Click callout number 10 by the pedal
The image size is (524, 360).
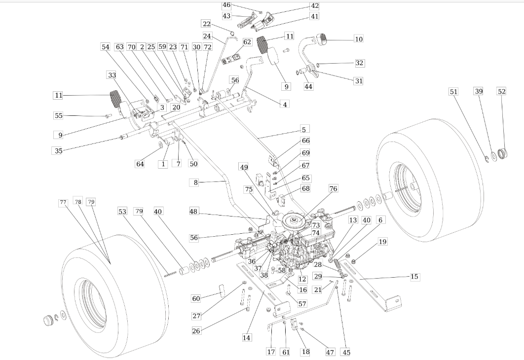[x=359, y=39]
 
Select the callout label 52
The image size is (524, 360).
[x=502, y=91]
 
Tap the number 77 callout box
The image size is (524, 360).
[x=63, y=202]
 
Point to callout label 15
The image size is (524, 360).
[x=414, y=277]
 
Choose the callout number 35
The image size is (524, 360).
[x=59, y=150]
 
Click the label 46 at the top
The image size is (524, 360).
[x=226, y=5]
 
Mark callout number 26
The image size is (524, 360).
[x=196, y=331]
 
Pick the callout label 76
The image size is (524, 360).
[x=333, y=188]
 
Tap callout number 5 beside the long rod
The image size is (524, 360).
[x=303, y=130]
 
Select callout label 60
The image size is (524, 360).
[x=196, y=298]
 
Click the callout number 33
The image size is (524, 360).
[x=112, y=75]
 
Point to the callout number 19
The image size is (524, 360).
[x=383, y=242]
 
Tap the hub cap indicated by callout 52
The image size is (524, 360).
[x=503, y=153]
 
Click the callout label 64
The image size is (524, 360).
[x=140, y=164]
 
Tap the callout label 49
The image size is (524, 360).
[x=244, y=167]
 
